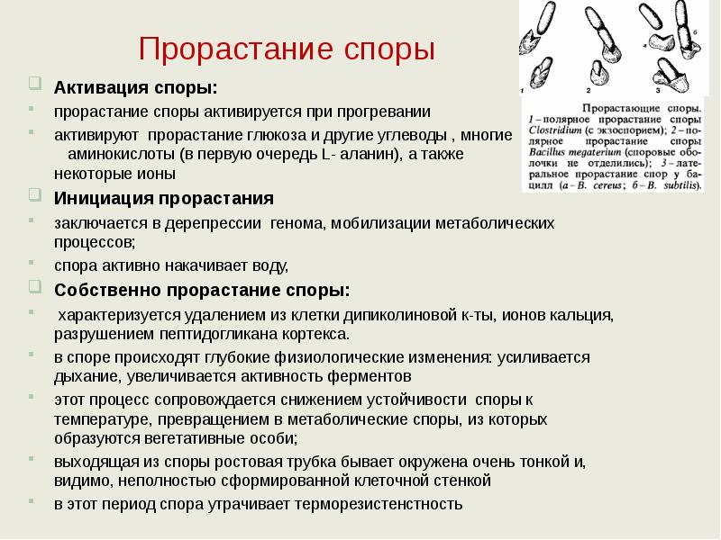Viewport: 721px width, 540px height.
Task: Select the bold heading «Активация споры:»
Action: pos(135,88)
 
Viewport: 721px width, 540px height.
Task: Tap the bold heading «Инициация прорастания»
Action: pos(164,198)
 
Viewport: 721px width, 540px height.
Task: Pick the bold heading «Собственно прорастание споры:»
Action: pos(202,291)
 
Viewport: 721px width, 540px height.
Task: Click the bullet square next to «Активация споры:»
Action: pos(34,85)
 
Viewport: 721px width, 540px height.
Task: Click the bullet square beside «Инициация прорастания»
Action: pos(34,195)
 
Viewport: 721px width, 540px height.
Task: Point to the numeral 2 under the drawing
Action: pos(589,91)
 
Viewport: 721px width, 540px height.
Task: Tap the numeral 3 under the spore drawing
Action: pos(657,91)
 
